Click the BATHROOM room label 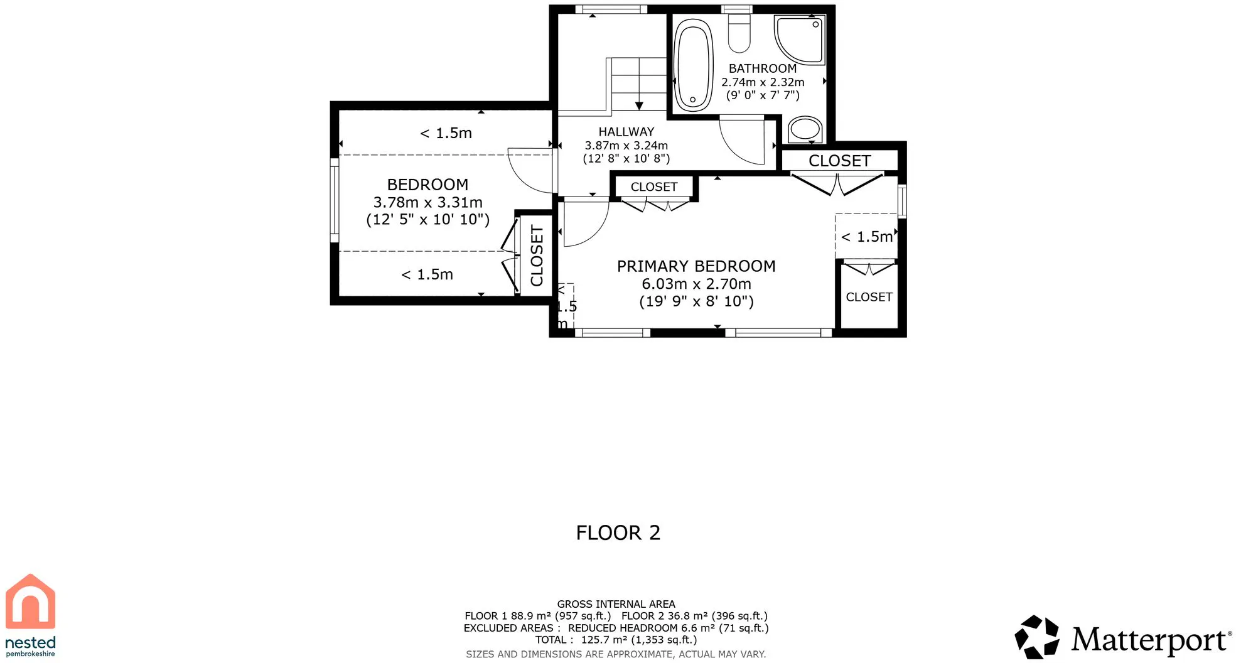tap(762, 68)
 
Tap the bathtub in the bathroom tap(693, 65)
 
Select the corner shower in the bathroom tap(799, 40)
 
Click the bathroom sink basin tap(805, 129)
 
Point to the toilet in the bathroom tap(739, 33)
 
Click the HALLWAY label tap(626, 132)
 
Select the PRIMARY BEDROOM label tap(696, 266)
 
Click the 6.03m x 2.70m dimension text tap(696, 284)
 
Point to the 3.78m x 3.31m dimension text tap(427, 202)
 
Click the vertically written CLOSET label tap(537, 256)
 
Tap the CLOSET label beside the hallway tap(653, 187)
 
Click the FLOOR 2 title tap(618, 533)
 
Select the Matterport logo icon tap(1037, 637)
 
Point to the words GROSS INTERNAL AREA tap(616, 604)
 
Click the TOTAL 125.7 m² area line tap(616, 640)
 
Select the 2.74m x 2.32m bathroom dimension tap(763, 82)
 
